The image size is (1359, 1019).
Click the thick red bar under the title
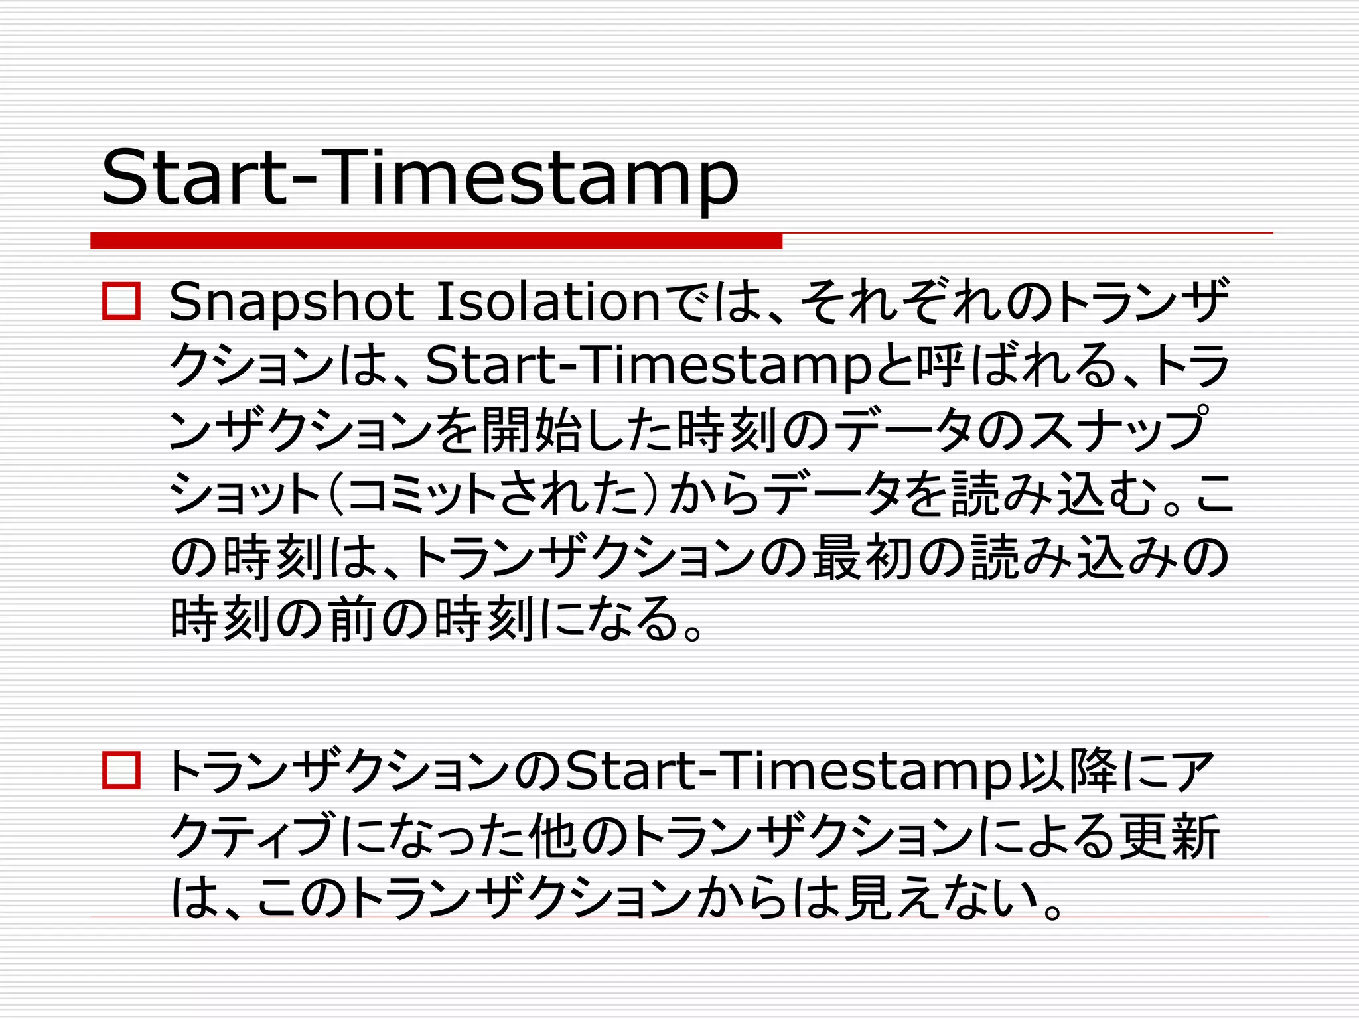coord(436,241)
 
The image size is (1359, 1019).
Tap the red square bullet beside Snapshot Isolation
coord(121,302)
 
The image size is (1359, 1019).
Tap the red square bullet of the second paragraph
coord(121,771)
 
